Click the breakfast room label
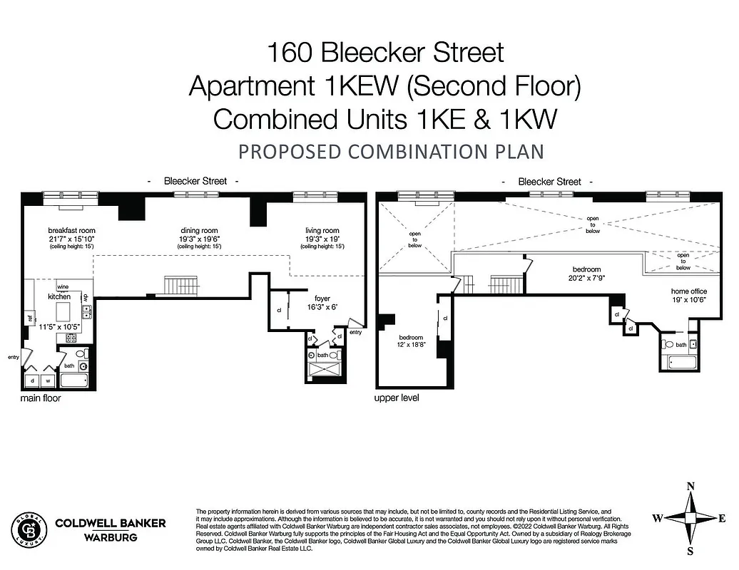coord(71,230)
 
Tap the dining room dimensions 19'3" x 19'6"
coord(199,239)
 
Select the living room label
coord(322,230)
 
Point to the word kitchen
coord(59,296)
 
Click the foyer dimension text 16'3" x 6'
coord(322,307)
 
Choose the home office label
coord(688,291)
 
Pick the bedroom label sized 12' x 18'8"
coord(411,337)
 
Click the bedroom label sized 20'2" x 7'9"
coord(587,269)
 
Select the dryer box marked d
coord(31,380)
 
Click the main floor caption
coord(41,398)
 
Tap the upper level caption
coord(396,398)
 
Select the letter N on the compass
coord(690,487)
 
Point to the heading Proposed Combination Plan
coord(391,152)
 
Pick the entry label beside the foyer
coord(356,332)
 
